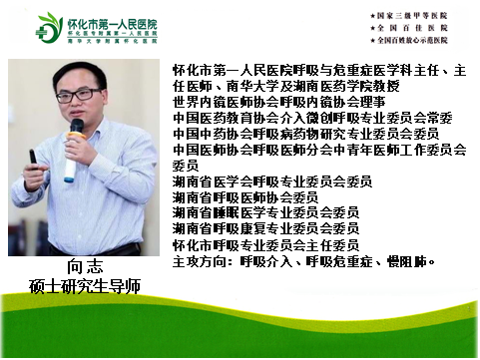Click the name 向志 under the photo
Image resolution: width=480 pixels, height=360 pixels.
click(x=86, y=267)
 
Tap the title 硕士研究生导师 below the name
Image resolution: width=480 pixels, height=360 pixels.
click(x=86, y=286)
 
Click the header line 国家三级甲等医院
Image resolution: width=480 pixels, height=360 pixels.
click(x=415, y=17)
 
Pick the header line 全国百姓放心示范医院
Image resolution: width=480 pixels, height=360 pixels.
click(x=420, y=45)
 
